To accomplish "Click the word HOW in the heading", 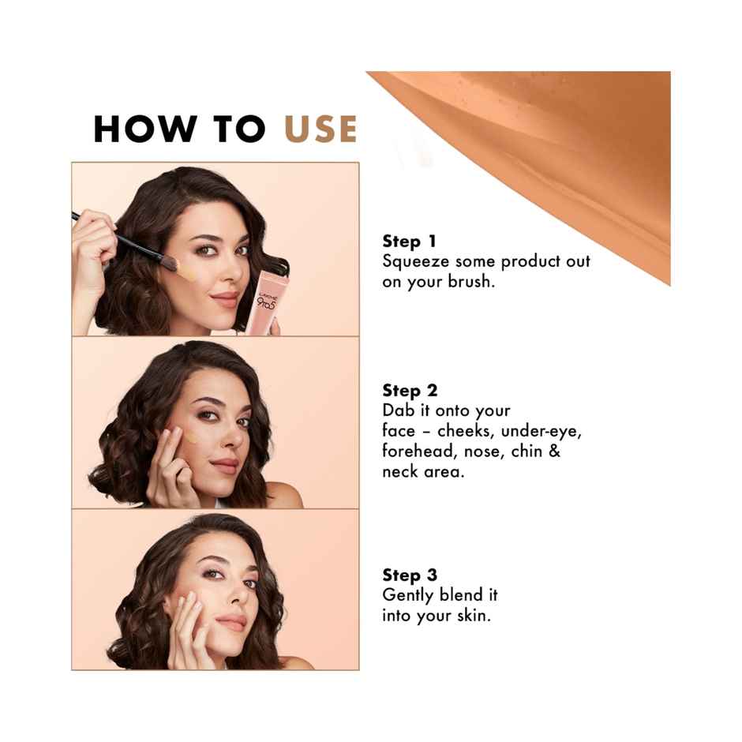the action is click(x=145, y=129).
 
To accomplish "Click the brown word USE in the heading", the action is click(x=320, y=129).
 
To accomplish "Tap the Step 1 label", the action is click(x=410, y=242).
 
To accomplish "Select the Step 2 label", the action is click(x=410, y=391).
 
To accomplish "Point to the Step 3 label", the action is click(x=410, y=575).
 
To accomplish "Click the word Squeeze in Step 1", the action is click(x=416, y=262).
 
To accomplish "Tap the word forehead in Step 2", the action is click(x=418, y=451).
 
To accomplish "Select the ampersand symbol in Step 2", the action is click(x=554, y=451).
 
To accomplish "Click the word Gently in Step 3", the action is click(x=409, y=596).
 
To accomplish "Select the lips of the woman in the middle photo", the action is click(x=225, y=466).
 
